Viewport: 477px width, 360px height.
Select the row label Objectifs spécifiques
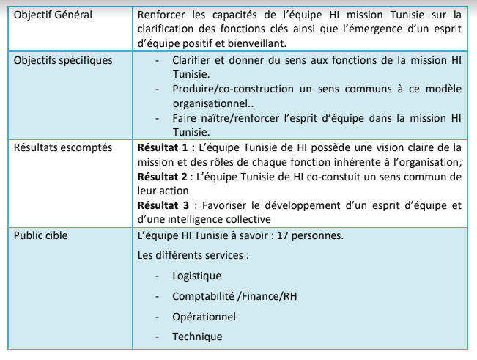point(63,59)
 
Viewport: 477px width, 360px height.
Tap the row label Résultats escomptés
point(62,147)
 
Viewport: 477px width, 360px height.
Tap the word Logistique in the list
point(196,276)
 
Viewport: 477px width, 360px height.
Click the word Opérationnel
point(204,317)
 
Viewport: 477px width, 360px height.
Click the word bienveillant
point(265,42)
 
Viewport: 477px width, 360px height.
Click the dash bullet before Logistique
point(158,276)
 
